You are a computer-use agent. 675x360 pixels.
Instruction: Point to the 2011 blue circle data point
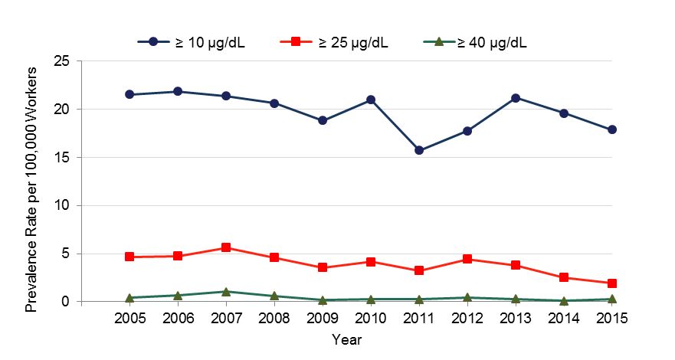(419, 150)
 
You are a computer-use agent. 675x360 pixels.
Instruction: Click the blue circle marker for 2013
(516, 98)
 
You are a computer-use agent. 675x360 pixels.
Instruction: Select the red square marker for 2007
(226, 247)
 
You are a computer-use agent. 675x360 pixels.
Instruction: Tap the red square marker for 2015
(612, 283)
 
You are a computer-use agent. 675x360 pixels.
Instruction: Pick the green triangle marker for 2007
(226, 292)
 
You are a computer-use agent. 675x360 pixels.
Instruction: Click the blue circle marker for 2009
(323, 120)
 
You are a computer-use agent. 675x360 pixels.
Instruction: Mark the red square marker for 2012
(467, 259)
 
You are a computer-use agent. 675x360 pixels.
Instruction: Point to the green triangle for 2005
(129, 297)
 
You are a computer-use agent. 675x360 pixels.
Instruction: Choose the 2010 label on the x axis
(371, 318)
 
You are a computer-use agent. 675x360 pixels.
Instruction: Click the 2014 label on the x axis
(564, 318)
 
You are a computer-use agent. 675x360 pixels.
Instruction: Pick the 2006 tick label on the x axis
(178, 318)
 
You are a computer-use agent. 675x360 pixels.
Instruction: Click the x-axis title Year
(347, 338)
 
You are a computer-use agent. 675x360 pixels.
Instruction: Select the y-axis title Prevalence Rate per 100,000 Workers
(31, 182)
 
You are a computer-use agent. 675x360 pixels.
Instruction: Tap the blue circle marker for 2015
(612, 129)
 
